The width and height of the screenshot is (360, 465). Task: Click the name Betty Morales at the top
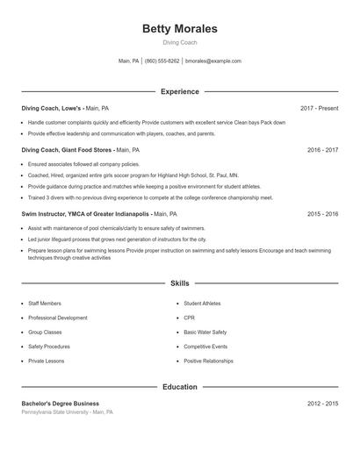180,29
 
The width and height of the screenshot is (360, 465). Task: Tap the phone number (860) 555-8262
162,61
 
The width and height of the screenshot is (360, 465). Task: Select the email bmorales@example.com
213,61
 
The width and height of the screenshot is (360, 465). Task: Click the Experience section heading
180,91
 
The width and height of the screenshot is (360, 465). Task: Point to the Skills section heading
180,283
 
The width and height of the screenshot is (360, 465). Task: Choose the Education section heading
180,387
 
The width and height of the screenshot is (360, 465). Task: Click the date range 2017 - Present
319,108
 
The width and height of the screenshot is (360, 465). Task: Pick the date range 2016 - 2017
322,150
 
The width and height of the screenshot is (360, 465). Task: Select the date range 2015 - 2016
322,213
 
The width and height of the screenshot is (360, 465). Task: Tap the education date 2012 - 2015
322,404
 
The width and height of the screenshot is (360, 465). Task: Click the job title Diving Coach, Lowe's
53,108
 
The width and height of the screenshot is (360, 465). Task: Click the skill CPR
189,318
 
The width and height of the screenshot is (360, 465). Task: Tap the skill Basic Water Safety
205,333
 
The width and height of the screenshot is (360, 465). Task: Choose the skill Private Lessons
46,361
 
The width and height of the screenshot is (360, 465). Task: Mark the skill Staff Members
45,304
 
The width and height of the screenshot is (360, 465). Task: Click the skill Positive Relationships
208,361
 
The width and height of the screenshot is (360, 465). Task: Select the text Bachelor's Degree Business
60,404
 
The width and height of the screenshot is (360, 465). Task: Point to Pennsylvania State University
55,411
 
